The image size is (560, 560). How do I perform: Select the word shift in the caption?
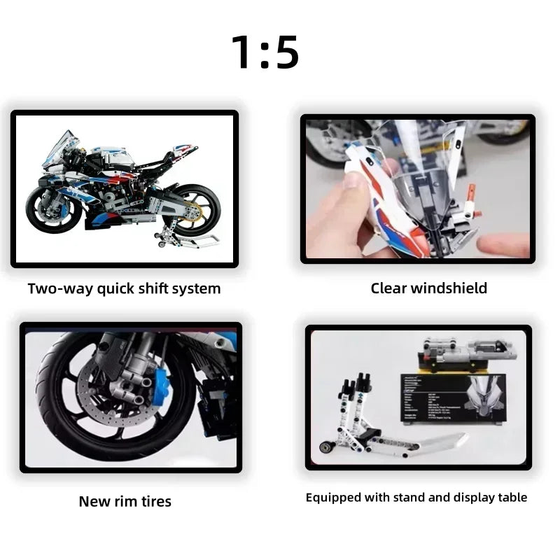(155, 288)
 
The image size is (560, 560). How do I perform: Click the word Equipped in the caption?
(332, 498)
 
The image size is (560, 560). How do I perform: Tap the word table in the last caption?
(511, 498)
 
